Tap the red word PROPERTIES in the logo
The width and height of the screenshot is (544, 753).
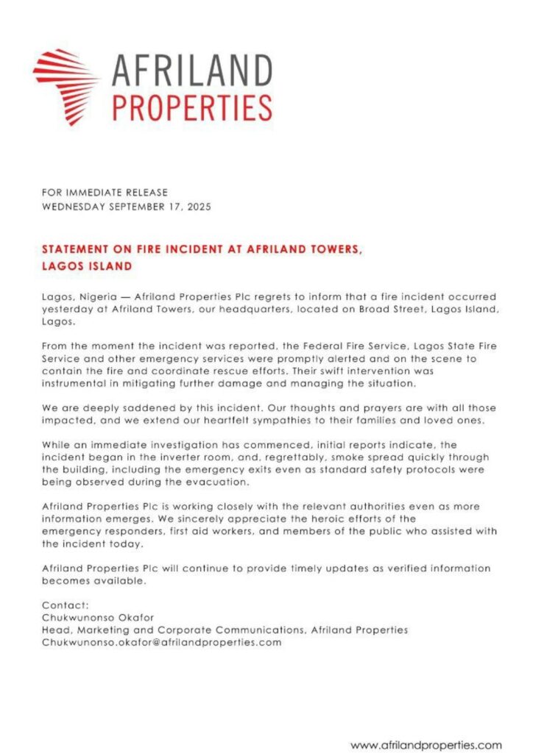coord(191,107)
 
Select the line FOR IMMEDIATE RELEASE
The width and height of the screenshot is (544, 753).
coord(105,193)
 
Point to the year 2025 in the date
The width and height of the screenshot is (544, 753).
coord(198,207)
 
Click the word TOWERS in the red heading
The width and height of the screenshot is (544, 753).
coord(336,249)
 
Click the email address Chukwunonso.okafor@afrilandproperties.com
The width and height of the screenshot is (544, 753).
coord(162,642)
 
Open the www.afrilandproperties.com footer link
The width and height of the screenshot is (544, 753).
coord(425,745)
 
